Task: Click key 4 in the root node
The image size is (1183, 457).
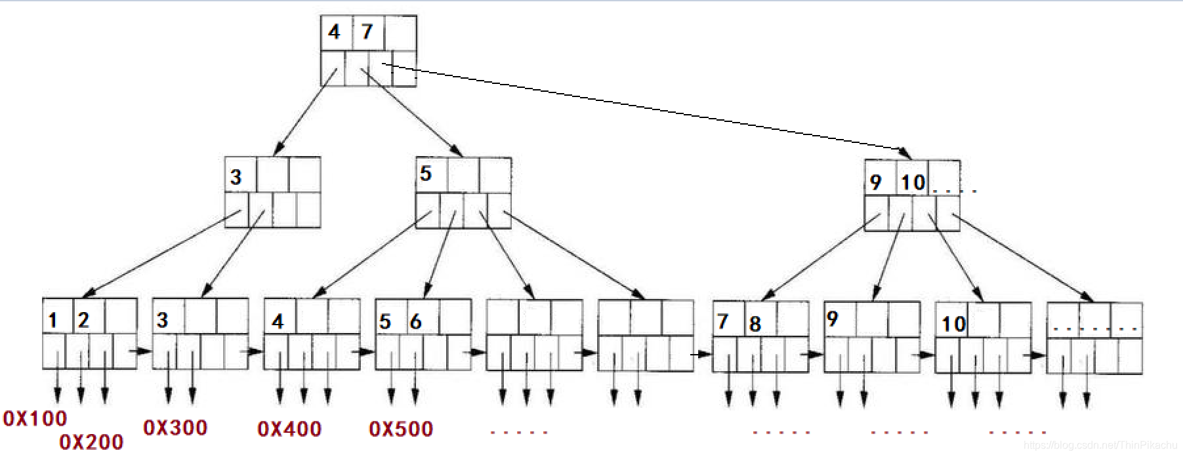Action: [335, 32]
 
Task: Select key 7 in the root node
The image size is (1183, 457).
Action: [367, 32]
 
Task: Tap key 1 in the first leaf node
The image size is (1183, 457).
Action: [53, 321]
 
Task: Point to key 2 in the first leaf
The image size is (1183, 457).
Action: [83, 321]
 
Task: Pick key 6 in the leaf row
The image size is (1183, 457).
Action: [415, 322]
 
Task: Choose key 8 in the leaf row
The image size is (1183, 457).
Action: [755, 323]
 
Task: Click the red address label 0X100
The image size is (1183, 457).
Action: [35, 418]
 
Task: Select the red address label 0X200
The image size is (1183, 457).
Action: [91, 442]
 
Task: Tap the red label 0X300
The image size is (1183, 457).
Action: [175, 427]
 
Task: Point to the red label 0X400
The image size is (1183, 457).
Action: [289, 429]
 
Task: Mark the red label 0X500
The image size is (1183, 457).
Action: [401, 429]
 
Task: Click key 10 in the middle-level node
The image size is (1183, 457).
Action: [913, 182]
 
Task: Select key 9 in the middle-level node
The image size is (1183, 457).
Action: [875, 182]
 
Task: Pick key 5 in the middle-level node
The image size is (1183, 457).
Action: [426, 174]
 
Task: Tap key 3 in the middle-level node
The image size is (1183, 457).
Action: [236, 176]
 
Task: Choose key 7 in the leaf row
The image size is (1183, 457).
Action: [722, 321]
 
